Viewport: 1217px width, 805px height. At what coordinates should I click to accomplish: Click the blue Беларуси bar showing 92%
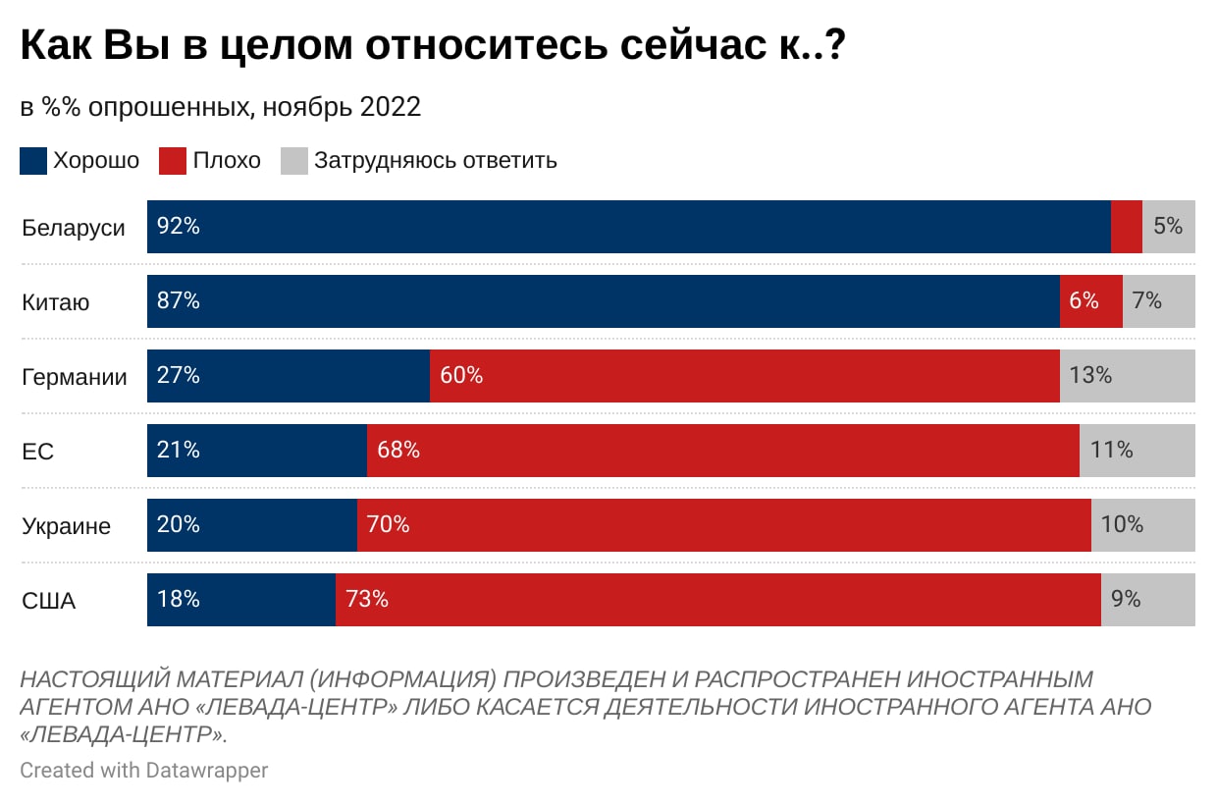628,227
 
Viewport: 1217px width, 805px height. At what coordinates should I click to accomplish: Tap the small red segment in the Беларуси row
1126,227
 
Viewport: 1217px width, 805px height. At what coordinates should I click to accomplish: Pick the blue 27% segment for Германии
289,376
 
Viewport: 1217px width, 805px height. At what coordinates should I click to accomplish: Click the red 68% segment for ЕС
722,451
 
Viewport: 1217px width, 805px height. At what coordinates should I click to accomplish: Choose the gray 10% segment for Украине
1142,525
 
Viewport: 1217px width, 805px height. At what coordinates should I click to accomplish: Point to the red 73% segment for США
717,600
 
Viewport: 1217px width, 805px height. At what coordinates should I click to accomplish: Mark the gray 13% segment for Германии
1127,376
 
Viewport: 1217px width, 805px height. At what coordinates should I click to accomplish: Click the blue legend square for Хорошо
33,161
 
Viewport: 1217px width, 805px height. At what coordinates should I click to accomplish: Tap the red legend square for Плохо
173,161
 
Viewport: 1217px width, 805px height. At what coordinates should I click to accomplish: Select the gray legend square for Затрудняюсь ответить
294,161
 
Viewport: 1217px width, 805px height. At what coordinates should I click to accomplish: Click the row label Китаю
56,302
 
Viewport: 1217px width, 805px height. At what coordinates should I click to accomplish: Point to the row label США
49,601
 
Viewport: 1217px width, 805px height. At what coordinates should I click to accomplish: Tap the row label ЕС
37,452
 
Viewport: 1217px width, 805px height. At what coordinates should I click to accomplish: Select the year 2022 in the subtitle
391,107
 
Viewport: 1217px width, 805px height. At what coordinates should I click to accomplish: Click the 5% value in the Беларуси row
1168,227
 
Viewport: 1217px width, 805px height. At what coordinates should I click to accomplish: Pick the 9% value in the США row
1126,599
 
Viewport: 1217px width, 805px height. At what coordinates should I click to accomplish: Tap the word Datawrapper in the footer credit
206,771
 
